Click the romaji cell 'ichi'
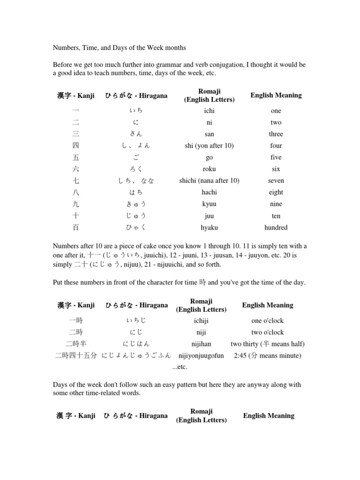[x=209, y=111]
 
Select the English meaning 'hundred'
[x=276, y=228]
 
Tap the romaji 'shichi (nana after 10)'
[x=209, y=181]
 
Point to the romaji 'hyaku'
[x=209, y=228]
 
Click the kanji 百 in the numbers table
[x=76, y=228]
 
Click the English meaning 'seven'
[x=276, y=181]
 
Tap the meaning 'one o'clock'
[x=267, y=321]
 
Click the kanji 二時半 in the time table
[x=76, y=344]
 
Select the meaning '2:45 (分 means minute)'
[x=267, y=356]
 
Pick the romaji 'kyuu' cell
[x=209, y=204]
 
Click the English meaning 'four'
[x=276, y=146]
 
